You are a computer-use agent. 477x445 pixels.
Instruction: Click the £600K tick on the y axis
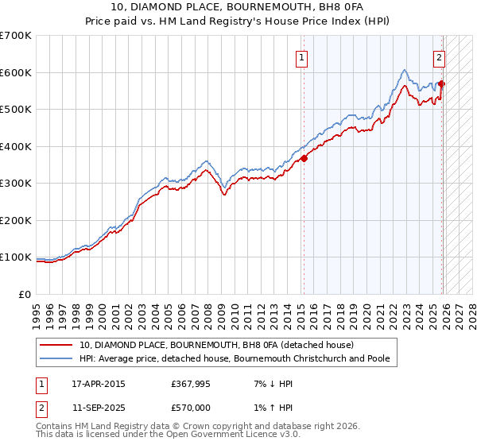[x=16, y=72]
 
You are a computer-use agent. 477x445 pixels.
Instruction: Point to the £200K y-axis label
[x=16, y=220]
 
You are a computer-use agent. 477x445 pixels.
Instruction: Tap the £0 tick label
[x=25, y=294]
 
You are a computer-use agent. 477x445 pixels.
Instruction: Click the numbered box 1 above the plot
[x=302, y=57]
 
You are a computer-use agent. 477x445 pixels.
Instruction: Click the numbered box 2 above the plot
[x=439, y=57]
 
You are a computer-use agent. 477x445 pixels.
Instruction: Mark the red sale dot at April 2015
[x=303, y=157]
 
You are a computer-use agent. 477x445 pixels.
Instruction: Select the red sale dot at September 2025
[x=442, y=83]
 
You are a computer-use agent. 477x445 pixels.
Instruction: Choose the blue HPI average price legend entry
[x=234, y=358]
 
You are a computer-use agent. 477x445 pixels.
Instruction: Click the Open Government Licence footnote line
[x=168, y=435]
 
